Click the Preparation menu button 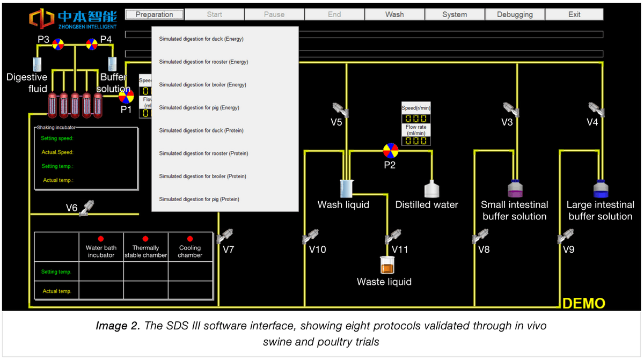point(155,14)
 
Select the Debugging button point(515,14)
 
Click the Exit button point(574,14)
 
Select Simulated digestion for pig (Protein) point(199,200)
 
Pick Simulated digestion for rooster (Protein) point(203,153)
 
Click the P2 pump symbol point(390,150)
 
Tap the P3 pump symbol point(58,45)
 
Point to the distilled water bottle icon point(432,189)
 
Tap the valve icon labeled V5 point(339,109)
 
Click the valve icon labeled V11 point(393,236)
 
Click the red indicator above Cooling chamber point(190,239)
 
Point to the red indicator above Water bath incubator point(101,239)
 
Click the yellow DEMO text point(583,303)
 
